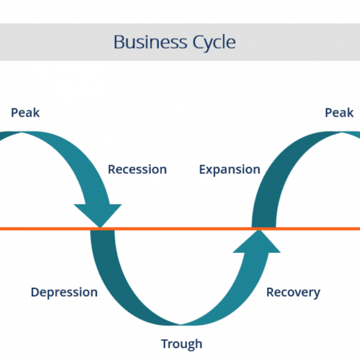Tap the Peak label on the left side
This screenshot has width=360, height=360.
coord(25,112)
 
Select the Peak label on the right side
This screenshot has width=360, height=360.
coord(339,112)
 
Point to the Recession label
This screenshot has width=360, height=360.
coord(137,170)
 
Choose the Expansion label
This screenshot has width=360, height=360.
coord(229,170)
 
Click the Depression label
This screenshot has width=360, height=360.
coord(64,292)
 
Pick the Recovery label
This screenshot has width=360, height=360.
coord(293,292)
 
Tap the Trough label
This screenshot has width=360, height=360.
coord(181,344)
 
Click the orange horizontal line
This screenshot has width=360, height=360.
coord(180,229)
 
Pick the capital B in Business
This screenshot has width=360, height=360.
coord(118,43)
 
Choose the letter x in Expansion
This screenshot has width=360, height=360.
coord(209,170)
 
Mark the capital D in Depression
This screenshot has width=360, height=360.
coord(35,292)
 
